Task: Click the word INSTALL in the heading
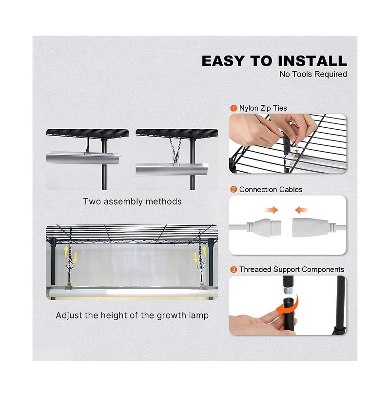coord(312,61)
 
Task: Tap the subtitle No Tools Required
coord(313,74)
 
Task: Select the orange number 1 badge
coord(234,108)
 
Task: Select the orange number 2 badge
coord(234,189)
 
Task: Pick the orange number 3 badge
coord(234,269)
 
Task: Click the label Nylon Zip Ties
coord(263,108)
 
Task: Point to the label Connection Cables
coord(271,189)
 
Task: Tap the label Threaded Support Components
coord(292,269)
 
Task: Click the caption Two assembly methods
coord(133,201)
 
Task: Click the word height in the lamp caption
coord(114,316)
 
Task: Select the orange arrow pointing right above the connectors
coord(272,210)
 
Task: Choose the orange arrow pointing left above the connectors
coord(301,210)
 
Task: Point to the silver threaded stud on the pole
coord(288,290)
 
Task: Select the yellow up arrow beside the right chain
coord(204,251)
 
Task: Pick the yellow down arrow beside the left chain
coord(75,258)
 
